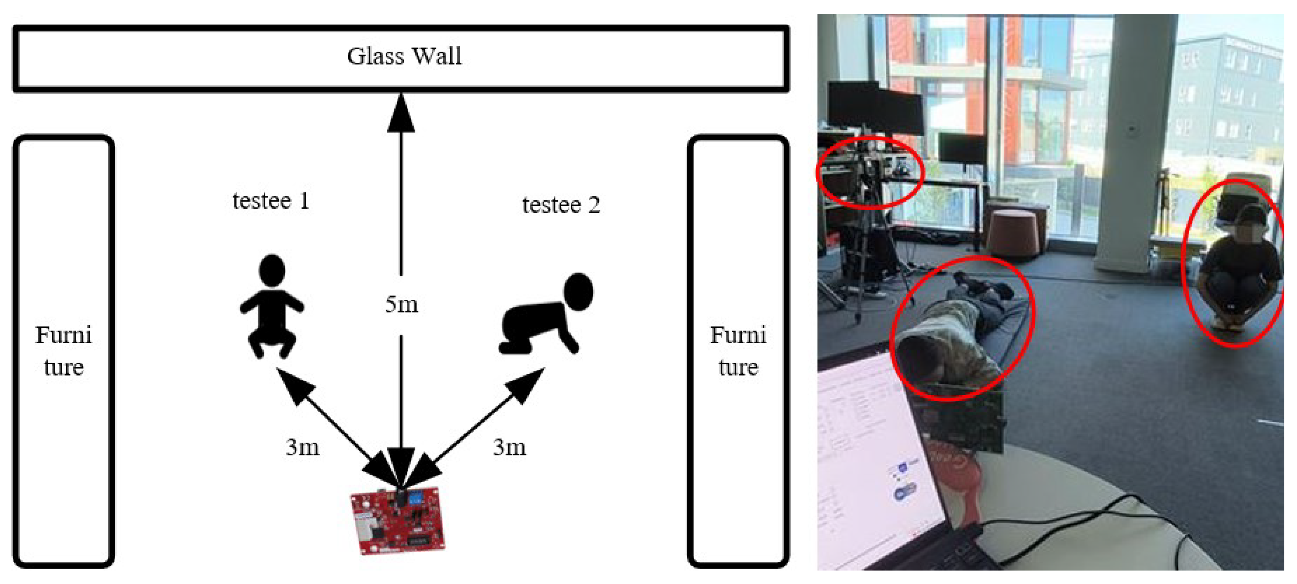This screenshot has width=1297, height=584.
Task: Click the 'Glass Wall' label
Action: click(x=404, y=56)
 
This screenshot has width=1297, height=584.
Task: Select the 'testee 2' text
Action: click(x=561, y=205)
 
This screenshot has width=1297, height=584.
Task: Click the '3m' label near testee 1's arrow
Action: click(x=303, y=447)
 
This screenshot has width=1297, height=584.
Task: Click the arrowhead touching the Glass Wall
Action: click(x=401, y=113)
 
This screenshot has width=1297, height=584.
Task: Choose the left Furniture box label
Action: click(x=63, y=351)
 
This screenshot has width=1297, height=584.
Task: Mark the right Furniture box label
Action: click(x=738, y=351)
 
